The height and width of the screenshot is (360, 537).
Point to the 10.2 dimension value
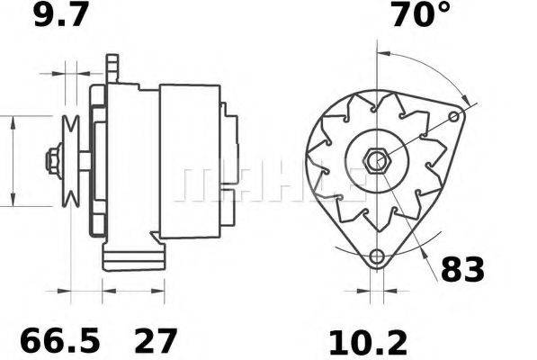(x=370, y=341)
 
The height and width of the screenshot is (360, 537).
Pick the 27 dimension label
(x=156, y=341)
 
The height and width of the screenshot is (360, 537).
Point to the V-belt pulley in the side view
(x=71, y=163)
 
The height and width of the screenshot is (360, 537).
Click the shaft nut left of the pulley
(x=51, y=163)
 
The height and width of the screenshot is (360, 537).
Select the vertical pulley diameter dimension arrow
(x=13, y=162)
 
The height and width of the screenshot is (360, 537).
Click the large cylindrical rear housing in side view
(x=190, y=162)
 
